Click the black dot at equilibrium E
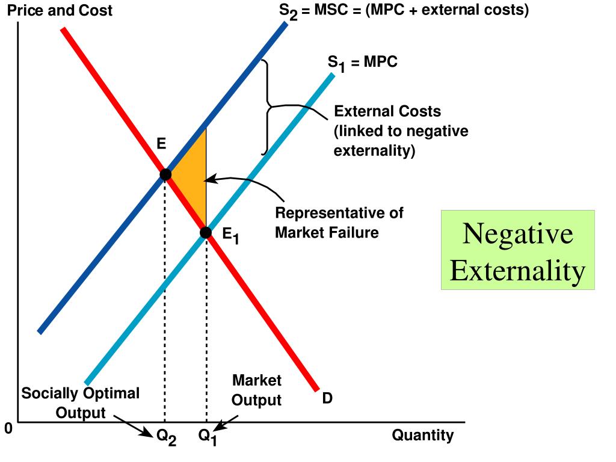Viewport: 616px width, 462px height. [x=165, y=174]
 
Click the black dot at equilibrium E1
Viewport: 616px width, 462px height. [x=206, y=232]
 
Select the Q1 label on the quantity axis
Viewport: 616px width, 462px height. [x=208, y=439]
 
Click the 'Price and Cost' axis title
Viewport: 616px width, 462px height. [x=60, y=11]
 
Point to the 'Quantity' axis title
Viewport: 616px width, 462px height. [x=423, y=435]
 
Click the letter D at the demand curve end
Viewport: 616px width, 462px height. [x=327, y=398]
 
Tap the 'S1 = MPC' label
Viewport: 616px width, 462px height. [x=362, y=63]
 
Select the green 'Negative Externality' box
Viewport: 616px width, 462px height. [x=517, y=250]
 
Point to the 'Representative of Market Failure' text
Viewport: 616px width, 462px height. [x=339, y=223]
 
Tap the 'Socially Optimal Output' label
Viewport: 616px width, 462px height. [x=80, y=403]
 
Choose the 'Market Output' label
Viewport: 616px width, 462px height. [x=257, y=390]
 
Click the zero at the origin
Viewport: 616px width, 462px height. [x=8, y=429]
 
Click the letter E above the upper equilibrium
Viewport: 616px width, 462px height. [x=161, y=144]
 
